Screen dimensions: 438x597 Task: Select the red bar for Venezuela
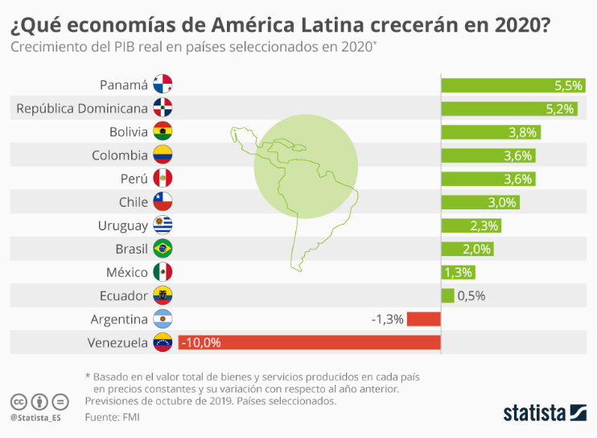point(309,342)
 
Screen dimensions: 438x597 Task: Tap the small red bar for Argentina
point(423,319)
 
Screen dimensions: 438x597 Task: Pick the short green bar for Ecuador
point(447,295)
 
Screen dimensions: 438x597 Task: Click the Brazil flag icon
point(163,248)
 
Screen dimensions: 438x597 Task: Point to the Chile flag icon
point(163,201)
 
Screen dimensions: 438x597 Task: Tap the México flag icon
point(163,272)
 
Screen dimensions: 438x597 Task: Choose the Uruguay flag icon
point(163,225)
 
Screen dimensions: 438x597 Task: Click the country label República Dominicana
point(82,108)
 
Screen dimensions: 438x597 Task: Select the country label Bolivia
point(129,131)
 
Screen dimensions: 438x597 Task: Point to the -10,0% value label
point(201,342)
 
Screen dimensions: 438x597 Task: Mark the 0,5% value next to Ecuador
point(471,295)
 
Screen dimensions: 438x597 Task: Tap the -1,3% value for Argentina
point(387,319)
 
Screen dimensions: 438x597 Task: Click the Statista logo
point(545,413)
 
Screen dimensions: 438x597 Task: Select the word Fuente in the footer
point(101,417)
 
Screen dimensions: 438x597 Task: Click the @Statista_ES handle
point(35,418)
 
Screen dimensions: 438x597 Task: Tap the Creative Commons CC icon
point(19,401)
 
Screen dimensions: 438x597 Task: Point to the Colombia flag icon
point(163,155)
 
